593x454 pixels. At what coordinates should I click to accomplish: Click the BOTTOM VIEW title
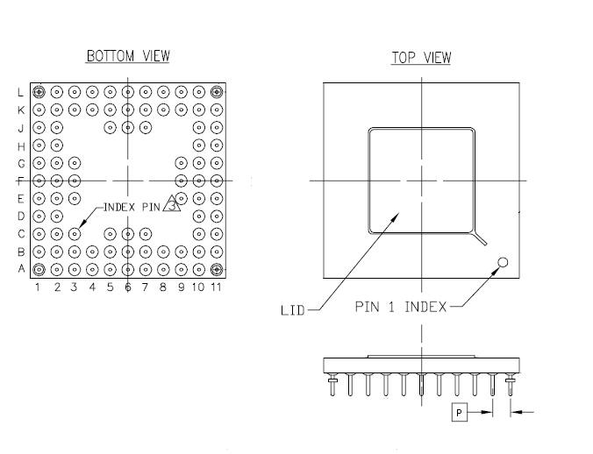(x=127, y=56)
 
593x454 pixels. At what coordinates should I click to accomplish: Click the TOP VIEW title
(x=421, y=59)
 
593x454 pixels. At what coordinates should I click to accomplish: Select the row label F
(x=21, y=181)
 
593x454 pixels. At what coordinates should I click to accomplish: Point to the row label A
(x=21, y=269)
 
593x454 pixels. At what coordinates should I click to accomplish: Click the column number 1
(x=39, y=287)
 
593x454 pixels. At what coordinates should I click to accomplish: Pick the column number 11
(x=216, y=287)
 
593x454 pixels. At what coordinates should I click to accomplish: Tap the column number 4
(x=92, y=287)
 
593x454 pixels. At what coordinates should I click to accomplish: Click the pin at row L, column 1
(x=39, y=91)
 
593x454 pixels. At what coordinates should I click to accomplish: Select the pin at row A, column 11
(x=217, y=269)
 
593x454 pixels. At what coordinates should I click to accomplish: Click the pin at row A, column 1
(x=39, y=269)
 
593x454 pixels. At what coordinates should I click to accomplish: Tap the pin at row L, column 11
(x=217, y=91)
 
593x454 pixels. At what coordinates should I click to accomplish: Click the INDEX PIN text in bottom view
(x=132, y=208)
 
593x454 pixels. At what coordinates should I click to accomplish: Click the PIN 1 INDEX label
(x=401, y=307)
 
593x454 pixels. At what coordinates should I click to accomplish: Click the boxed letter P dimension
(x=458, y=410)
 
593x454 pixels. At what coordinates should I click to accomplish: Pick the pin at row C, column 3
(x=75, y=233)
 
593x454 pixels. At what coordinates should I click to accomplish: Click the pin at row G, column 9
(x=181, y=162)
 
